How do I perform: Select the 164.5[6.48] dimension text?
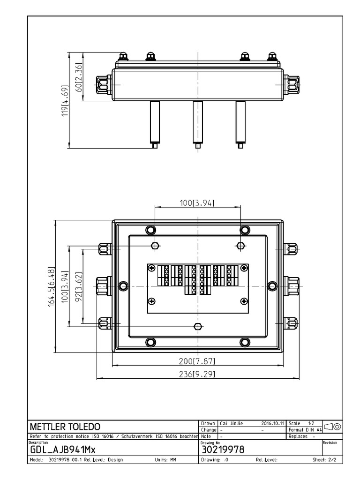[52, 286]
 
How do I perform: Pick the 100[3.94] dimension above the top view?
[197, 202]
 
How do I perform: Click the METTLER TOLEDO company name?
[65, 427]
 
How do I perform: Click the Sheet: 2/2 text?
[324, 460]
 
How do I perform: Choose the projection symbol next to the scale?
[331, 426]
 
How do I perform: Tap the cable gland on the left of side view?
[104, 85]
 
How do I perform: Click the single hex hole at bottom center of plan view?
[198, 326]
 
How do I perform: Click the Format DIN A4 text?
[305, 430]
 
